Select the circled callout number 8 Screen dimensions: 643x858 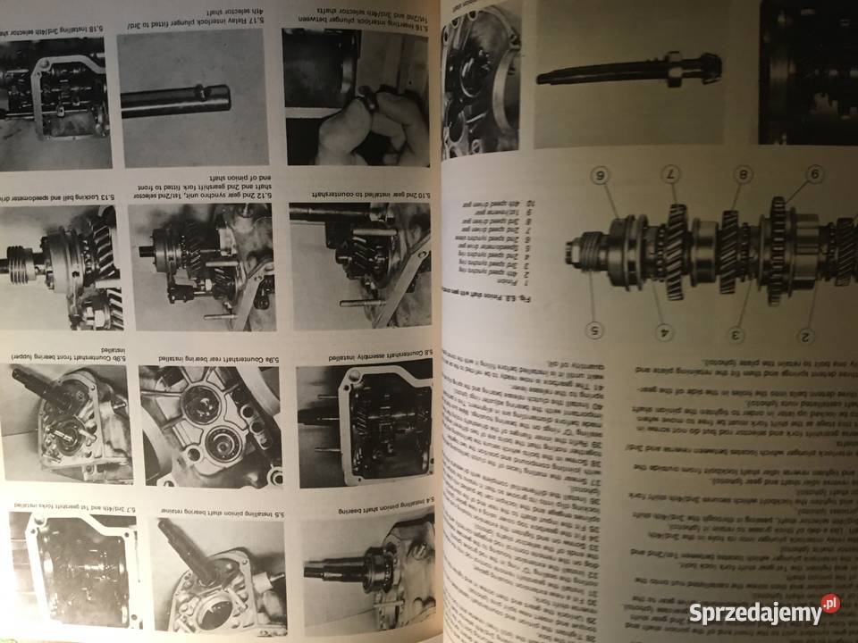742,174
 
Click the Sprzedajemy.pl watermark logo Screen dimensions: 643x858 763,613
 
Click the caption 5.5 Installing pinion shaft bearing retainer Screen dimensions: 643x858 205,510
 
